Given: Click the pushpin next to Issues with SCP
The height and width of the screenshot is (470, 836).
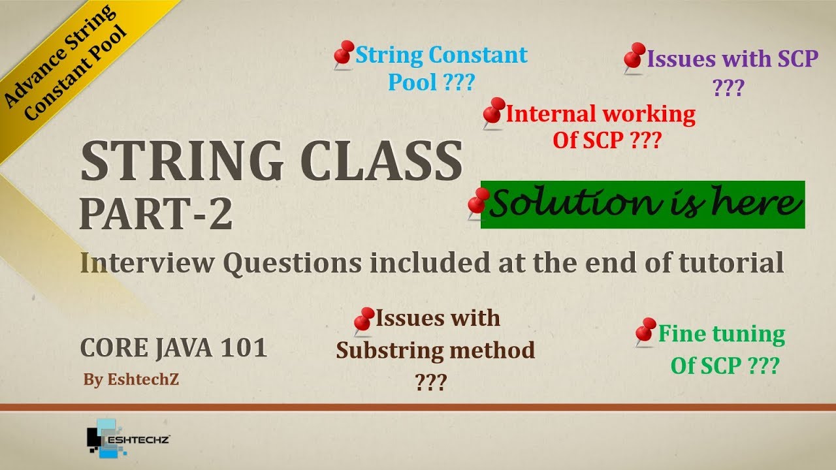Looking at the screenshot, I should tap(634, 58).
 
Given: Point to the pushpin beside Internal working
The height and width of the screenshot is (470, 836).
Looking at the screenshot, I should tap(494, 112).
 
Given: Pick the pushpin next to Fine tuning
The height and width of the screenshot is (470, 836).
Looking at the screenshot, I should tap(645, 332).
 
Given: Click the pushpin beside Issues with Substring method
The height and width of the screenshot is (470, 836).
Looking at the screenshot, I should tap(363, 320).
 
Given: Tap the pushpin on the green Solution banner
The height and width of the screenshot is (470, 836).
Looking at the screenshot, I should tap(479, 202).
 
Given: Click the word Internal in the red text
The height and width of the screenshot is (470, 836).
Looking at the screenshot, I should tap(551, 114).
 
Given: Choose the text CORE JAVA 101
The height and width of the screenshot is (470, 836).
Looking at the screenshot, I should tap(174, 348).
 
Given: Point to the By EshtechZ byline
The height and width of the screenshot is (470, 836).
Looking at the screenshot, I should tap(131, 380).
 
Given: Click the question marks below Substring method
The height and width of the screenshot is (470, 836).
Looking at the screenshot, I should tap(430, 382).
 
